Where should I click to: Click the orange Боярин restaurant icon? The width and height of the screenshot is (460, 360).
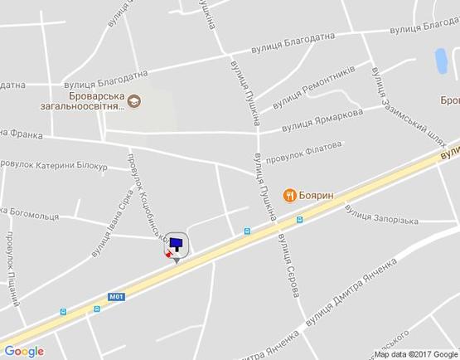tap(288, 195)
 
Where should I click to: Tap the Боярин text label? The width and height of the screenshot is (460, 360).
tap(317, 194)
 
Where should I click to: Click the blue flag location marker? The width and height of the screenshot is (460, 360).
tap(177, 244)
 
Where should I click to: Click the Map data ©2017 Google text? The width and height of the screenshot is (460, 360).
tap(416, 354)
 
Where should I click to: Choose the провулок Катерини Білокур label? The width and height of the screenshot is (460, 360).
tap(54, 167)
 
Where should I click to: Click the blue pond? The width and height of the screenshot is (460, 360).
tap(440, 60)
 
